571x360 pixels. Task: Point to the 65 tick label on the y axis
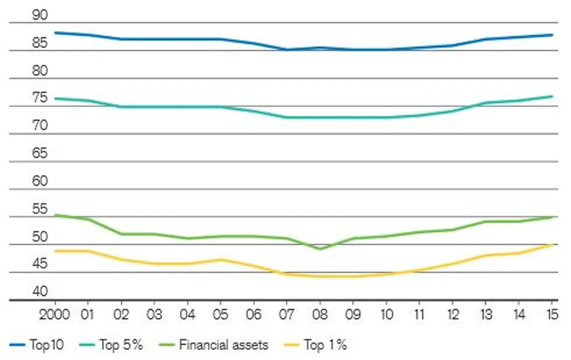[x=40, y=154]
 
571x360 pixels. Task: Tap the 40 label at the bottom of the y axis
[x=40, y=291]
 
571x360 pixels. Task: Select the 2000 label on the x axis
[x=55, y=315]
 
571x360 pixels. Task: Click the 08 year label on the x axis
[x=320, y=315]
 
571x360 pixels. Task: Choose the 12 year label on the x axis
[x=452, y=315]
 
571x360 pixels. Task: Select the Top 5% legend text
[x=121, y=345]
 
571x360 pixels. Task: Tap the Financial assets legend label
[x=223, y=345]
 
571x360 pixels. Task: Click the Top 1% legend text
[x=325, y=345]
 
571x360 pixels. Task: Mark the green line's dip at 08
[x=320, y=249]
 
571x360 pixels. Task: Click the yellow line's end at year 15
[x=552, y=244]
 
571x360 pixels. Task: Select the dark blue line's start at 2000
[x=56, y=33]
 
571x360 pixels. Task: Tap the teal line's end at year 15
[x=552, y=96]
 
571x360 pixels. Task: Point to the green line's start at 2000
[x=56, y=215]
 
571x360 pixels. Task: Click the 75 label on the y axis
[x=40, y=98]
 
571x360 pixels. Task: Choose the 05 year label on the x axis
[x=220, y=315]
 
